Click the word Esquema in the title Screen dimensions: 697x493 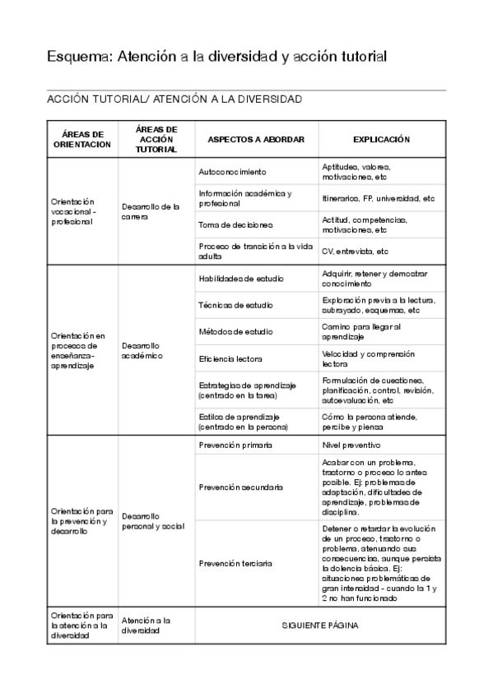[80, 57]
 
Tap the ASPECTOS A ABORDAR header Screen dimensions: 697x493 [256, 140]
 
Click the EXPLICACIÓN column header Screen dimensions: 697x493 [381, 140]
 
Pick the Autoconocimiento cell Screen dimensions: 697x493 [233, 172]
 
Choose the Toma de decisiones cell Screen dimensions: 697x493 [236, 224]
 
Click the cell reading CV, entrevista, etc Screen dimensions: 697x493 [356, 252]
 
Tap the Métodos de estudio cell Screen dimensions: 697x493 [236, 331]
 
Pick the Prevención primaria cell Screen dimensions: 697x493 [236, 445]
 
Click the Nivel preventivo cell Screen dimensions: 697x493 [351, 445]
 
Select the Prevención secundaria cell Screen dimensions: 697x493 [241, 487]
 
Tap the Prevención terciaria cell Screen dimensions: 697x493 [236, 563]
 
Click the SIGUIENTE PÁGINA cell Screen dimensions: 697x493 [320, 625]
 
